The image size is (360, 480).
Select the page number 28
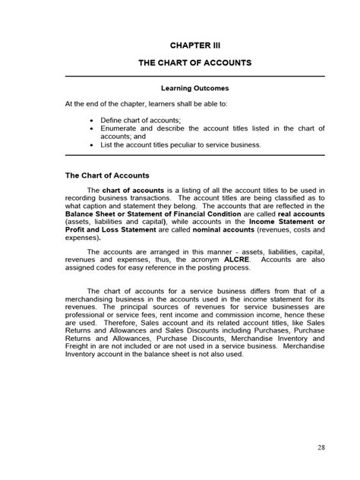[x=322, y=447]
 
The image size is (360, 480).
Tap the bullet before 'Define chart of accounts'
[x=92, y=120]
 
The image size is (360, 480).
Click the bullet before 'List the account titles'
[x=92, y=144]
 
